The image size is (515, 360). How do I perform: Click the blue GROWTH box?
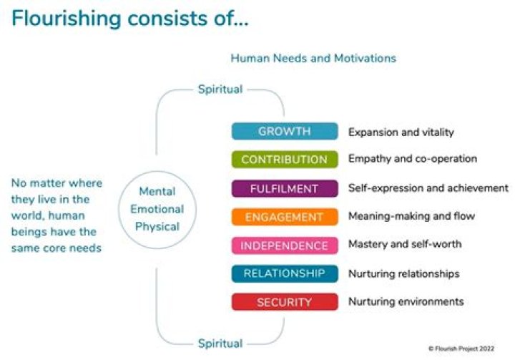tap(284, 132)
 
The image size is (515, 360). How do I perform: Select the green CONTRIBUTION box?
tap(284, 160)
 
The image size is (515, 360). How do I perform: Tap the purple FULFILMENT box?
tap(284, 188)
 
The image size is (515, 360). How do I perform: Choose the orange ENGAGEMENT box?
tap(284, 217)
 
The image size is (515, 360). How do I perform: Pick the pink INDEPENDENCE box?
tap(284, 245)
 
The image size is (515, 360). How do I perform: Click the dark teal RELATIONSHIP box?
tap(284, 273)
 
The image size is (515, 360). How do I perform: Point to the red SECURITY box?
tap(284, 302)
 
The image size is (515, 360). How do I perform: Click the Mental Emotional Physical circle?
tap(162, 210)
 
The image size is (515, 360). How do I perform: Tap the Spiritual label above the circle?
tap(220, 89)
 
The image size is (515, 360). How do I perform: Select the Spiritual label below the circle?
tap(220, 344)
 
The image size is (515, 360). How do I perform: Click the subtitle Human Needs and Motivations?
tap(313, 58)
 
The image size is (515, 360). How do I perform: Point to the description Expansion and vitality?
tap(401, 132)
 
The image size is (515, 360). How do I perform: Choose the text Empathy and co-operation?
tap(412, 159)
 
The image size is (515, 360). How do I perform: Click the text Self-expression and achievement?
tap(428, 188)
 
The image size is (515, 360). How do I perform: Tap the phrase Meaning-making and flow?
tap(411, 216)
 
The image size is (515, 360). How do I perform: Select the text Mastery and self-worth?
tap(404, 244)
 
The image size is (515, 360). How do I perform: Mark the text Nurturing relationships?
tap(403, 273)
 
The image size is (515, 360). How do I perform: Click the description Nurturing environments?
tap(406, 301)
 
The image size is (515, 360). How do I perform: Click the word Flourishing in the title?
tap(65, 19)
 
